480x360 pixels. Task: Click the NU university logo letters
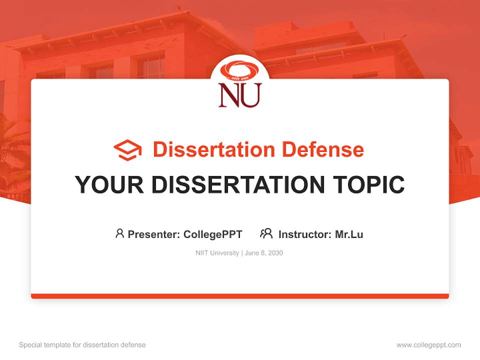click(239, 95)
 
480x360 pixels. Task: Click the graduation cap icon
click(127, 150)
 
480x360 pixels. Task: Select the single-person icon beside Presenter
click(119, 233)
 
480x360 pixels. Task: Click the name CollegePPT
click(213, 234)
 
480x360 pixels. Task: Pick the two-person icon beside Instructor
click(266, 233)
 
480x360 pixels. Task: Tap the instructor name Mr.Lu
click(349, 234)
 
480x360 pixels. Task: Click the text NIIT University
click(217, 253)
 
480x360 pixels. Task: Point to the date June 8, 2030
click(264, 253)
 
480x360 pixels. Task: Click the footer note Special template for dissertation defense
click(82, 345)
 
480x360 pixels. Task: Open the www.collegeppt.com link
click(428, 345)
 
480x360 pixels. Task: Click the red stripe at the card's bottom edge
click(240, 296)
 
